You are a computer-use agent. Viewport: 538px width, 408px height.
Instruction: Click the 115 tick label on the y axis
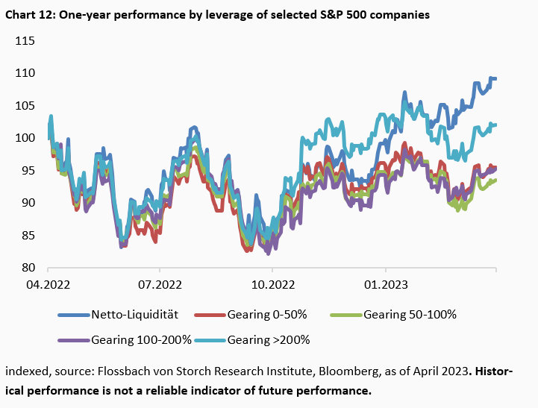click(25, 40)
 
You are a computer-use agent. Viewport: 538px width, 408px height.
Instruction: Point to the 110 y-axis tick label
click(25, 73)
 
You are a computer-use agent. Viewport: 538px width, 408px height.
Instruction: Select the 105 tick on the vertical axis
click(25, 105)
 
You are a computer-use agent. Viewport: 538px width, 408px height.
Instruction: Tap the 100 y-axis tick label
click(25, 138)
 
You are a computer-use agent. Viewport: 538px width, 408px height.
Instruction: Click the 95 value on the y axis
click(28, 170)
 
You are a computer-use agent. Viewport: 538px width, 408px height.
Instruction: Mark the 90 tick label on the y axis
click(28, 203)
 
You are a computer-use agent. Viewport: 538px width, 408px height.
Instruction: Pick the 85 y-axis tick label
click(28, 235)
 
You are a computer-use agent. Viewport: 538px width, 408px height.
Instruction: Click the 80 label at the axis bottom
click(28, 268)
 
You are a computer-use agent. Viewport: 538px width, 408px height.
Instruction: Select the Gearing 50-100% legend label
click(410, 315)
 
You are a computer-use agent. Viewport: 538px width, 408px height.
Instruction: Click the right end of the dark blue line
click(496, 78)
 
